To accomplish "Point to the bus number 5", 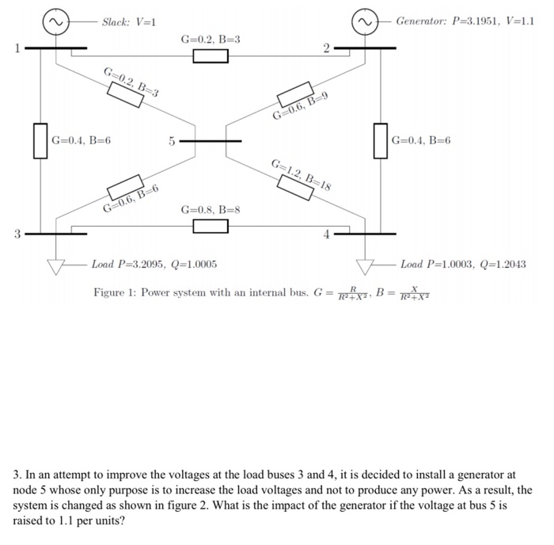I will click(x=170, y=143).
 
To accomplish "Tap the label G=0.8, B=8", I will click(x=210, y=210).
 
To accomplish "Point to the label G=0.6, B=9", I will click(x=300, y=107).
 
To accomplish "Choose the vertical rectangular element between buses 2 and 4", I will click(x=381, y=141).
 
